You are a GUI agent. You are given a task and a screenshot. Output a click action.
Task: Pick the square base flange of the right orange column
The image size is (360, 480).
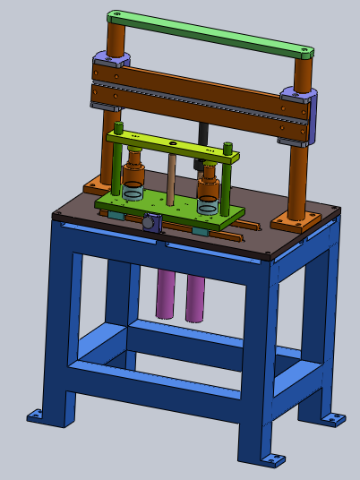click(x=294, y=219)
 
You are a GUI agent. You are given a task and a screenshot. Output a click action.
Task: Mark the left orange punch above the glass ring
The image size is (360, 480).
click(x=134, y=168)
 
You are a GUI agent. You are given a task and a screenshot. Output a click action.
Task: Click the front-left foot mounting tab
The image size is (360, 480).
click(x=35, y=415)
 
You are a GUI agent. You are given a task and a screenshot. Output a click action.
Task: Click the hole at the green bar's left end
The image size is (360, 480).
click(x=114, y=16)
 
